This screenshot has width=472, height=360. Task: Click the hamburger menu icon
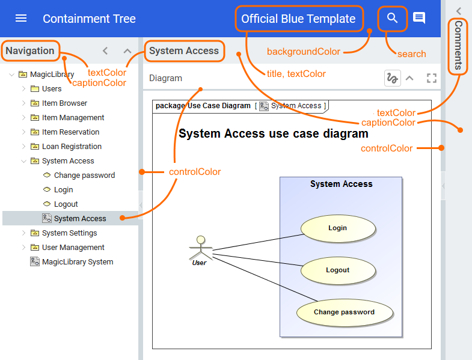[x=21, y=19]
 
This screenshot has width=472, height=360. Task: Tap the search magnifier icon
[x=393, y=19]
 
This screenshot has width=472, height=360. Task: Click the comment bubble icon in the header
[x=419, y=19]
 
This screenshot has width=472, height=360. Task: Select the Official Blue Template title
[x=298, y=19]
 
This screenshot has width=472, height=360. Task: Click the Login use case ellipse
[x=338, y=228]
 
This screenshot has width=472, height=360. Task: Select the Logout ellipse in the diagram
[x=338, y=270]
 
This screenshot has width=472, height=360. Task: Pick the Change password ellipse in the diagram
[x=344, y=313]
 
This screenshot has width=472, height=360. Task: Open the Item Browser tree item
[x=64, y=103]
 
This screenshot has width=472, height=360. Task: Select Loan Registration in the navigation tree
[x=72, y=147]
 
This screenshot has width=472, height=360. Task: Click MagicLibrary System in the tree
[x=77, y=262]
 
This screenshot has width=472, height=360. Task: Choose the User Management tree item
[x=73, y=248]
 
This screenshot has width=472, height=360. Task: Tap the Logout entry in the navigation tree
[x=66, y=204]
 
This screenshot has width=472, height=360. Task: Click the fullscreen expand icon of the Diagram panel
[x=431, y=78]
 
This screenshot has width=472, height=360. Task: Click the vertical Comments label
[x=458, y=46]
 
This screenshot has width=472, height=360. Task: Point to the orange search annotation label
[x=411, y=54]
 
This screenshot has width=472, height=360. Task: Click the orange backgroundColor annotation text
[x=304, y=52]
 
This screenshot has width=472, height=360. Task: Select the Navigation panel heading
[x=30, y=51]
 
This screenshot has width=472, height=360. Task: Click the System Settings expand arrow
[x=24, y=233]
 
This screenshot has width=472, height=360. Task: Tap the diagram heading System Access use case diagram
[x=273, y=133]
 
